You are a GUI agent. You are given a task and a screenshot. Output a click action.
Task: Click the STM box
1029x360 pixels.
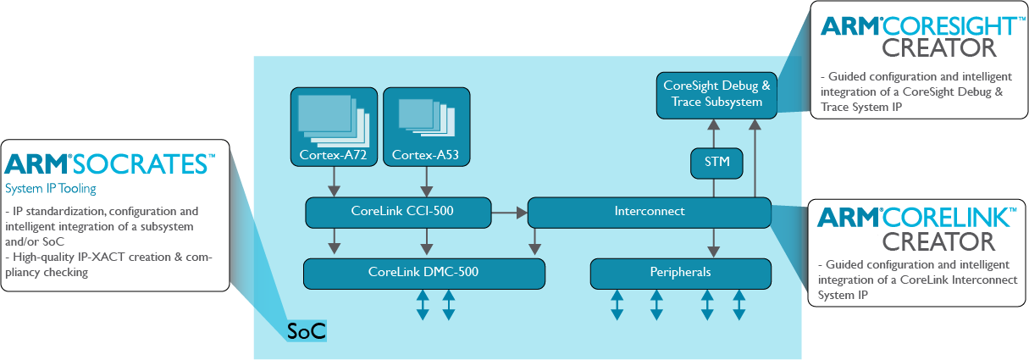click(712, 162)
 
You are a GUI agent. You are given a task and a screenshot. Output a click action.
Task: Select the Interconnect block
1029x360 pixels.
click(650, 212)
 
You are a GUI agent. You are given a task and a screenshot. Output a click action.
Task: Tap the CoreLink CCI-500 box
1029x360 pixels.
click(398, 212)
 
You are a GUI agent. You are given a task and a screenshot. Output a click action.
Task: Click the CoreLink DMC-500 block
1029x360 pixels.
click(423, 273)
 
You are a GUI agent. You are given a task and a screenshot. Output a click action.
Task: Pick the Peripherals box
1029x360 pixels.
click(681, 273)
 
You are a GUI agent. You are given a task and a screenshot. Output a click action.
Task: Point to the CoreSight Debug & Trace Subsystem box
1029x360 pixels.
click(716, 94)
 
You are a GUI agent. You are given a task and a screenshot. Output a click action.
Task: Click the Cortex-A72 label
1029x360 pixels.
click(331, 155)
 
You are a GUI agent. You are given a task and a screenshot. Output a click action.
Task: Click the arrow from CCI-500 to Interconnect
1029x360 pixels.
click(509, 212)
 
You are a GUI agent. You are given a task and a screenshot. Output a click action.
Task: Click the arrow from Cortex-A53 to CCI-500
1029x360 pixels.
click(424, 182)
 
